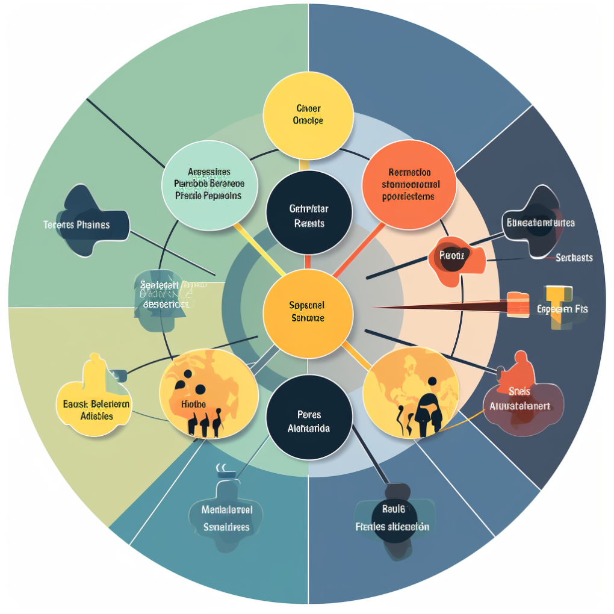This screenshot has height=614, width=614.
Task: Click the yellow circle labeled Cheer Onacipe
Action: [x=308, y=115]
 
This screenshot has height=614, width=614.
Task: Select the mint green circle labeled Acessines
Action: [x=208, y=184]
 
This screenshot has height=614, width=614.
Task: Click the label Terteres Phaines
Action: [x=76, y=225]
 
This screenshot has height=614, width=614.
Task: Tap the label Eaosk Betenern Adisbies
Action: [x=96, y=409]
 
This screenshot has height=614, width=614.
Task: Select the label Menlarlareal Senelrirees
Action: [x=226, y=518]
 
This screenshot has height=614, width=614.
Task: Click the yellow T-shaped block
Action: [x=558, y=306]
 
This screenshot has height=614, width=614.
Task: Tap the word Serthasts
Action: [x=574, y=258]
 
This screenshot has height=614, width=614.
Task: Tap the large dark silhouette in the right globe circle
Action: [x=429, y=411]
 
